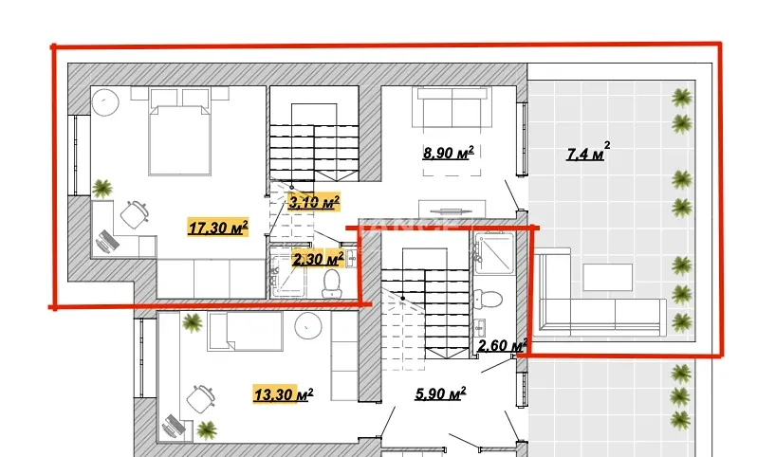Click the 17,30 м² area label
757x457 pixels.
[218, 227]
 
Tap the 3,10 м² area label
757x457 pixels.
[314, 201]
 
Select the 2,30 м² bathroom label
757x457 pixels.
[318, 259]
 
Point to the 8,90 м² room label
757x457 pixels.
[448, 153]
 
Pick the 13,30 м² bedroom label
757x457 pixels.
[284, 394]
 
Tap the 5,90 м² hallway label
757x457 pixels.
[440, 393]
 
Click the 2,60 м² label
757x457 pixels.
[502, 345]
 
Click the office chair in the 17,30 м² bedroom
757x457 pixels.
[134, 214]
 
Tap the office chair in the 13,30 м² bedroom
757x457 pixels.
[200, 398]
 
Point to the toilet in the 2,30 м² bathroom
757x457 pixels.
[332, 283]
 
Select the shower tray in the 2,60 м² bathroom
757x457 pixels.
[494, 253]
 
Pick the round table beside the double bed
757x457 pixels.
[105, 102]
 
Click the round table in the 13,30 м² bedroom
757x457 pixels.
[308, 326]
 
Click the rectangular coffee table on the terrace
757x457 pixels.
[608, 277]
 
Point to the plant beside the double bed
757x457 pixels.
[102, 189]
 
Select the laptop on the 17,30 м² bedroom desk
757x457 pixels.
[107, 241]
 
